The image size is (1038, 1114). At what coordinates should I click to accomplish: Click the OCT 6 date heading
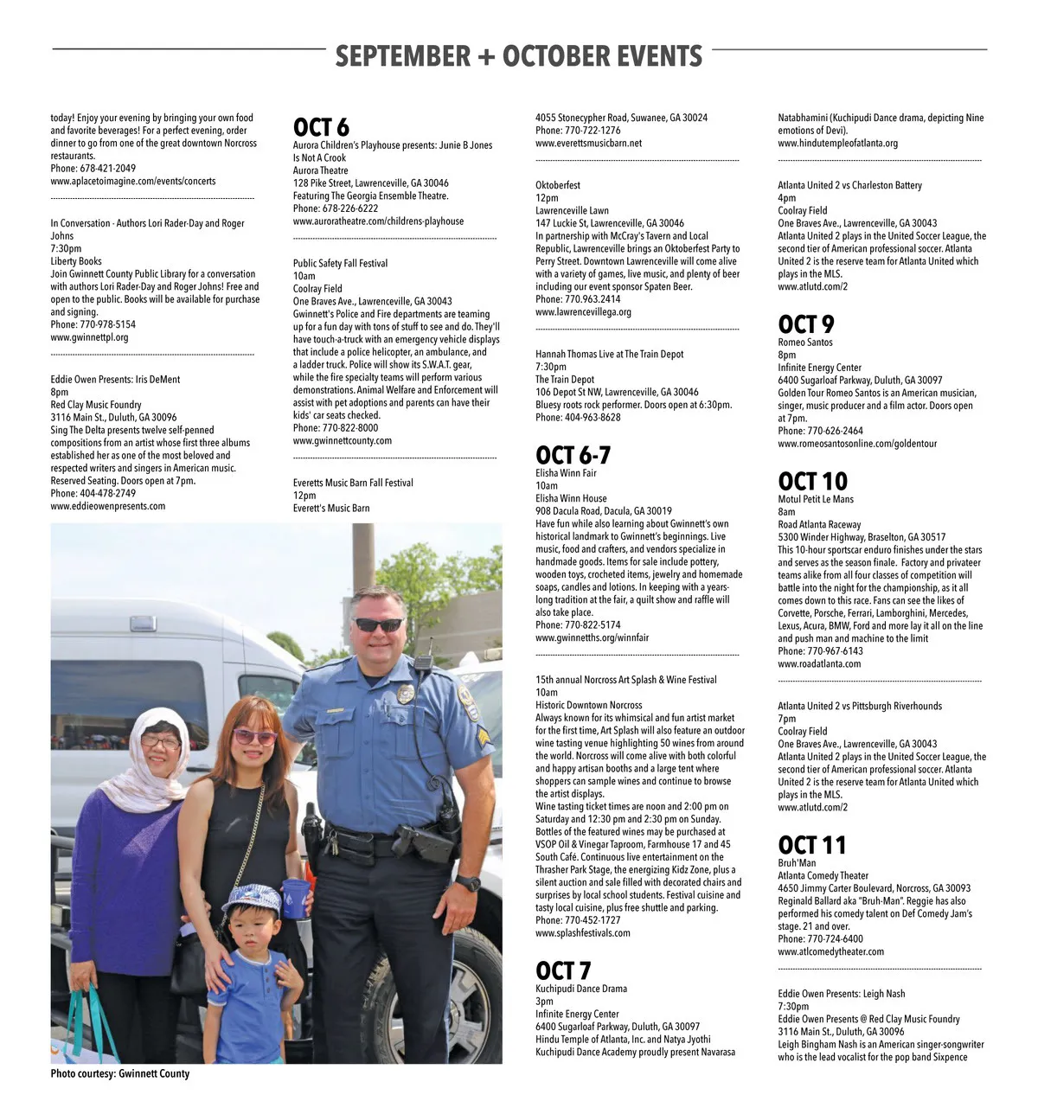point(321,128)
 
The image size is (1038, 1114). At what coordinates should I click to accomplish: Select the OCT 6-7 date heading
point(573,456)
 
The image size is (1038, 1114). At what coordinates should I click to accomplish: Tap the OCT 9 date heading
point(805,324)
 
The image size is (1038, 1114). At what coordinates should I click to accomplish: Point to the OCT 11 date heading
point(811,845)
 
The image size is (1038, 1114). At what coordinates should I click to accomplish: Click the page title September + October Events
point(518,56)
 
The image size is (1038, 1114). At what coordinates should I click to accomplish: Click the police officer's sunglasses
point(379,624)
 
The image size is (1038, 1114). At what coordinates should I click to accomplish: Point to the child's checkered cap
point(252,900)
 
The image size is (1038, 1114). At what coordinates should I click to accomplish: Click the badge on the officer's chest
point(406,694)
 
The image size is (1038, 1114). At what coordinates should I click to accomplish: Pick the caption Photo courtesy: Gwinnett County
point(119,1073)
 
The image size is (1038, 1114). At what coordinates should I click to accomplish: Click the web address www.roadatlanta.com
point(818,664)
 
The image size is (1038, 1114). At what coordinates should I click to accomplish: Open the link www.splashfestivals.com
point(582,933)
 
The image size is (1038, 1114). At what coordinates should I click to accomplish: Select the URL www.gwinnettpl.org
point(89,337)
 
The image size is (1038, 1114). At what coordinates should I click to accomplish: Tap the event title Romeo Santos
point(804,343)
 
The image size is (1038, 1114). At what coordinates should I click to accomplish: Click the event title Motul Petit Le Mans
point(815,499)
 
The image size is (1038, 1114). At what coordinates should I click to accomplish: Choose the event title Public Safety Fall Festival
point(340,264)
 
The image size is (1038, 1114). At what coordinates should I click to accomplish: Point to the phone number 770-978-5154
point(107,325)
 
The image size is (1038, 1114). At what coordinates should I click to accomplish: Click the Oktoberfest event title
point(558,185)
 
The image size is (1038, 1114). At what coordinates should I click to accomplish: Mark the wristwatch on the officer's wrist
point(467,883)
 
